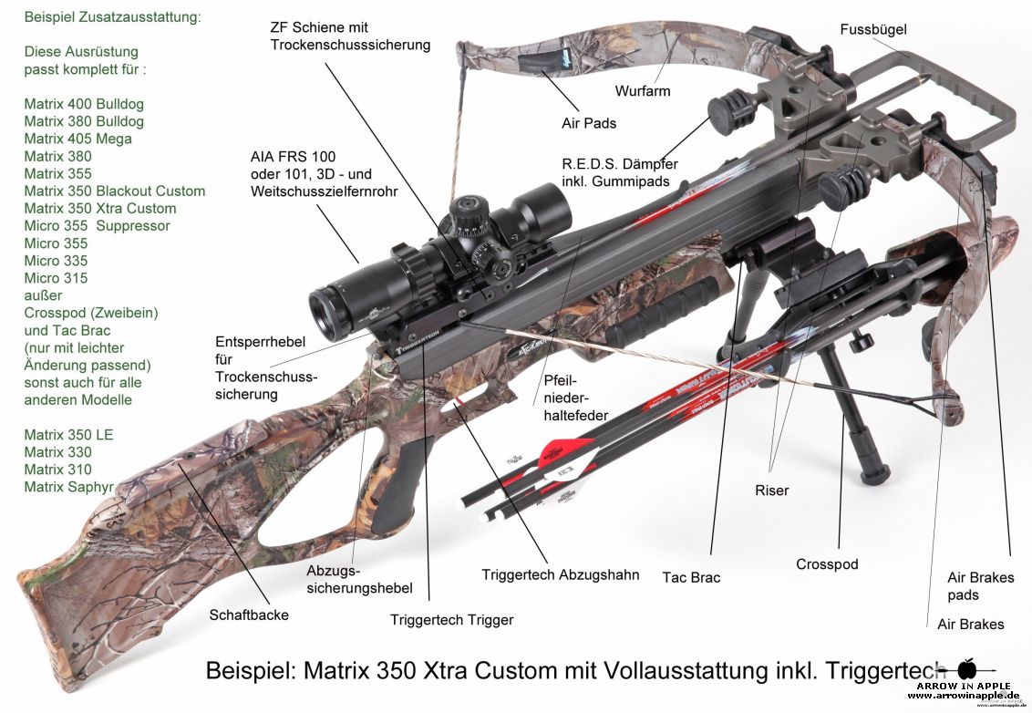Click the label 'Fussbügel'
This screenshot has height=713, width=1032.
[872, 30]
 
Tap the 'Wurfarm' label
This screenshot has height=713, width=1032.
[642, 91]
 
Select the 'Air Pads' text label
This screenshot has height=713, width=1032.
[588, 123]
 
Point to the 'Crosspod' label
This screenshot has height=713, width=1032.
[827, 564]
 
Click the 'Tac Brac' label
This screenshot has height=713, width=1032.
[691, 577]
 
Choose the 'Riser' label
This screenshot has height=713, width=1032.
[771, 491]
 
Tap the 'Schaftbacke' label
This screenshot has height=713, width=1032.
[249, 615]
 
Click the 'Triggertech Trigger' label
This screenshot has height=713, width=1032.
[451, 620]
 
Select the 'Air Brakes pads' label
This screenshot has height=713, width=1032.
[980, 586]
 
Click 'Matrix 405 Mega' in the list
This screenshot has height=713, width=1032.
[77, 139]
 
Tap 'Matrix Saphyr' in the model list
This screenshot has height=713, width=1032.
[68, 487]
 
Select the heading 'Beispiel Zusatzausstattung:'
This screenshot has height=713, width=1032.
[113, 16]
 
